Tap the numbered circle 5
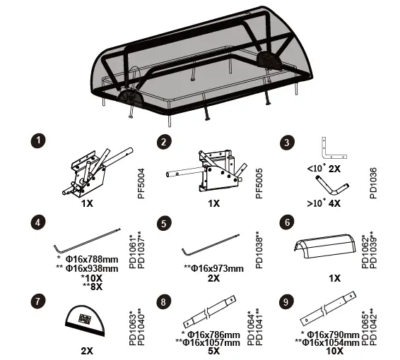[x=165, y=224]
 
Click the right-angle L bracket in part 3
[x=332, y=149]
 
